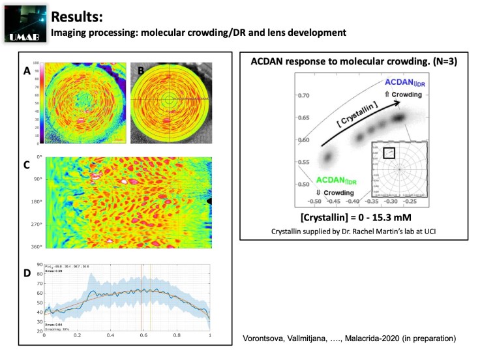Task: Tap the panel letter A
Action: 27,72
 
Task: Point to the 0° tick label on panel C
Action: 37,157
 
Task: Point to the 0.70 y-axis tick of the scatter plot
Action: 304,95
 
